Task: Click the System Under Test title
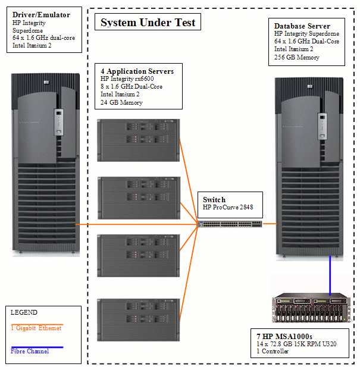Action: tap(148, 23)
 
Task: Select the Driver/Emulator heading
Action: tap(41, 15)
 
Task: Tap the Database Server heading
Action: tap(302, 26)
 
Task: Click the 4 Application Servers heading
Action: tap(137, 71)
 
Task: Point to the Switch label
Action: tap(214, 200)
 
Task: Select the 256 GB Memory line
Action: tap(296, 58)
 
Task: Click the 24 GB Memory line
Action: tap(121, 102)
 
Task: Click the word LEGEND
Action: tap(24, 312)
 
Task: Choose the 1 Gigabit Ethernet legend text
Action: tap(36, 328)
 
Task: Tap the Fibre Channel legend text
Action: tap(30, 351)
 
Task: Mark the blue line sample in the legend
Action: tap(37, 346)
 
